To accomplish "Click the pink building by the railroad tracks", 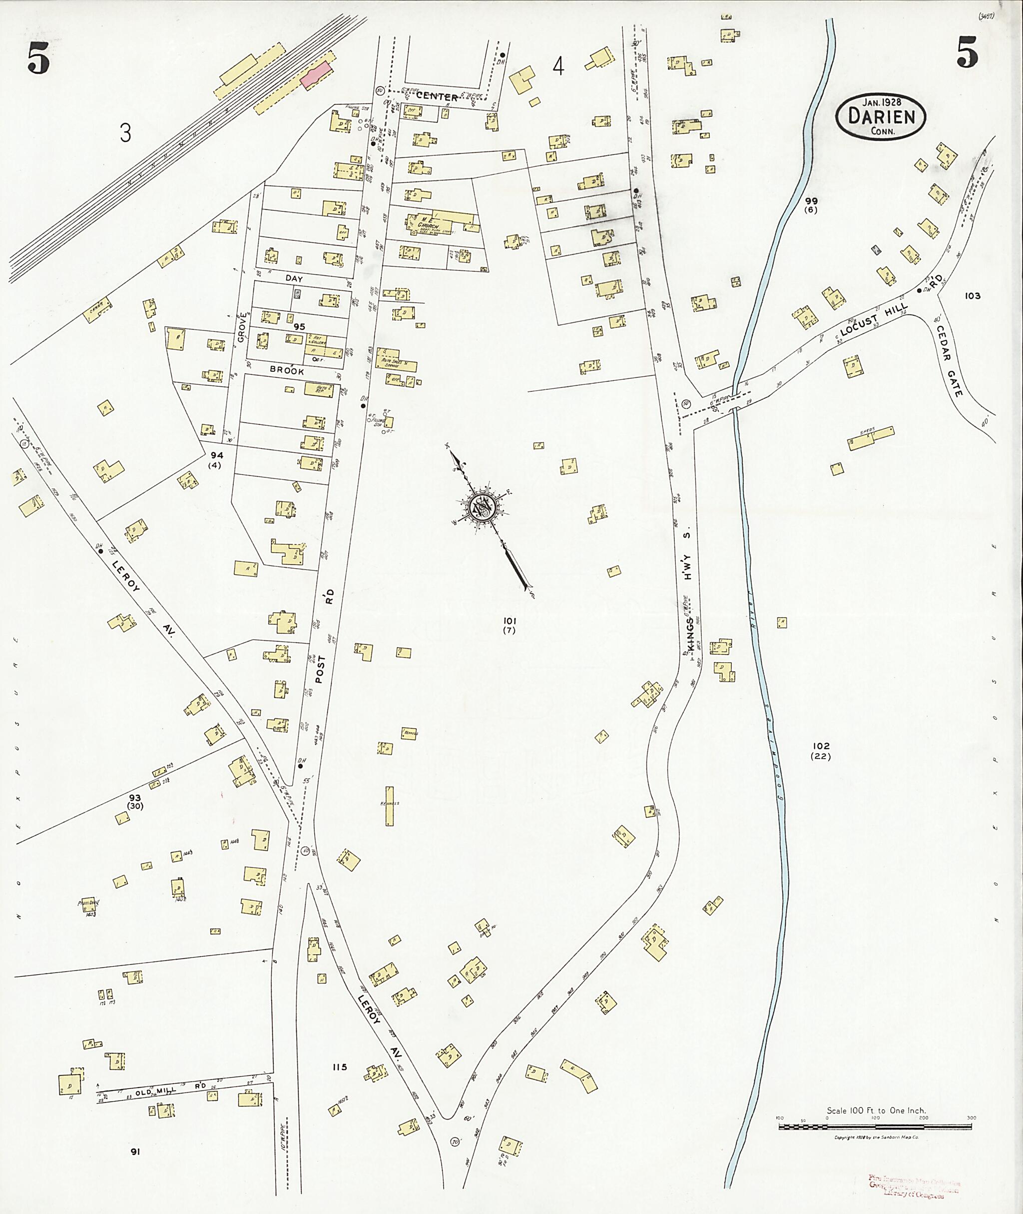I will pyautogui.click(x=316, y=75).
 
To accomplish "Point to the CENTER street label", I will pyautogui.click(x=440, y=97).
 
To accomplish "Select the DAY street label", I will pyautogui.click(x=294, y=278).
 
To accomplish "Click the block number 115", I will pyautogui.click(x=339, y=1067).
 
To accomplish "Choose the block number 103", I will pyautogui.click(x=973, y=295).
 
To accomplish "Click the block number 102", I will pyautogui.click(x=821, y=746).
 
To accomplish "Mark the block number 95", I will pyautogui.click(x=299, y=327).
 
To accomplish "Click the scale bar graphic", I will pyautogui.click(x=875, y=1127).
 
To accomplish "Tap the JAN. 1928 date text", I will pyautogui.click(x=880, y=102).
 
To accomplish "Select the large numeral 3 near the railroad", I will pyautogui.click(x=125, y=134).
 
